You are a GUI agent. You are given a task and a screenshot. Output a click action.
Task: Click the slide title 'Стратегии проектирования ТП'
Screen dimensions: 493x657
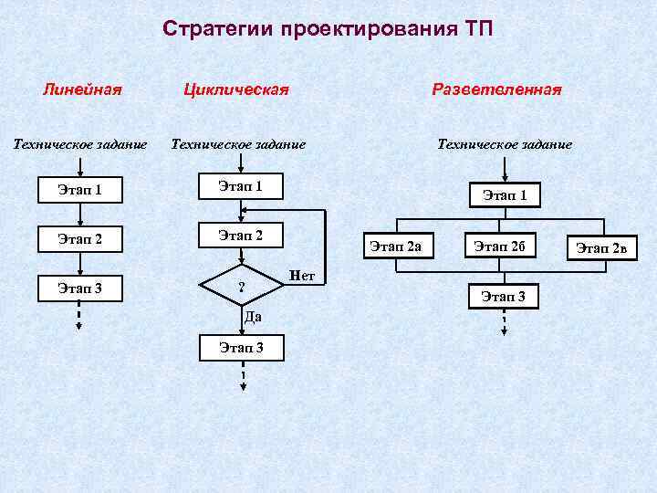click(x=328, y=28)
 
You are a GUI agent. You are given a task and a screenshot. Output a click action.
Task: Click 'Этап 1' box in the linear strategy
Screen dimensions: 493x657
click(x=79, y=190)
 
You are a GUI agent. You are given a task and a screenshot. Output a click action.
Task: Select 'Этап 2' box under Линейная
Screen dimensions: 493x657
click(x=79, y=240)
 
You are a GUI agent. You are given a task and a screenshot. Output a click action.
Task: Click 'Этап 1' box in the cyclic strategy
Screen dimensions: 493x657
click(x=241, y=186)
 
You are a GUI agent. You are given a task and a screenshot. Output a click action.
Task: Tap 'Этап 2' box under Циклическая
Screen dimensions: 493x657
click(x=241, y=236)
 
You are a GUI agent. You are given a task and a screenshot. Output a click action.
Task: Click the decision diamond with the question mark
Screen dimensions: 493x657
click(x=241, y=288)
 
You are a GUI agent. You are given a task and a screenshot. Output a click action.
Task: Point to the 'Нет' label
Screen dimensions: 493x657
click(x=301, y=275)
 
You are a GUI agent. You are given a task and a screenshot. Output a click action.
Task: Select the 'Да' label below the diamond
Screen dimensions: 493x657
click(x=253, y=318)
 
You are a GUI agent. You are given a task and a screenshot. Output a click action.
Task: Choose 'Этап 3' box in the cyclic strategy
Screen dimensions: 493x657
click(x=241, y=347)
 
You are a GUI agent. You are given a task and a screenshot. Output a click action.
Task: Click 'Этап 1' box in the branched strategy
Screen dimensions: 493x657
click(x=505, y=194)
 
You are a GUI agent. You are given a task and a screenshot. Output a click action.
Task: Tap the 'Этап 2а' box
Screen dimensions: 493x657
click(x=401, y=246)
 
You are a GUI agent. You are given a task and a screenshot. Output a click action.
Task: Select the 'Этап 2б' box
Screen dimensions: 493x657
click(x=505, y=246)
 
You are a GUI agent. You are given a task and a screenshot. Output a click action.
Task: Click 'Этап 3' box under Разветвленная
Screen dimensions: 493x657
click(x=505, y=296)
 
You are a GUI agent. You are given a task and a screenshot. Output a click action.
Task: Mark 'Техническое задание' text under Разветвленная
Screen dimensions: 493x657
click(x=505, y=143)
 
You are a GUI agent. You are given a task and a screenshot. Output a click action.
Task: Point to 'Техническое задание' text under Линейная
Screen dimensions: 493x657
click(x=79, y=143)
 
